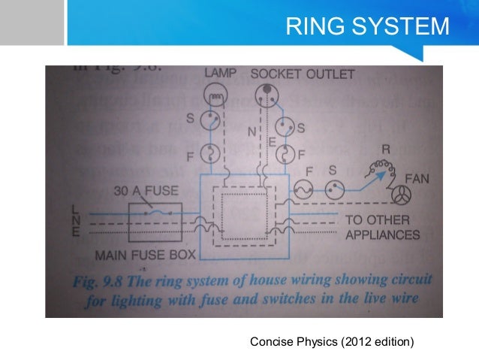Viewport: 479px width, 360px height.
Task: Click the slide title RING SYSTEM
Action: pos(367,28)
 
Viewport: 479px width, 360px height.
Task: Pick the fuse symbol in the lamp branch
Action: pos(212,155)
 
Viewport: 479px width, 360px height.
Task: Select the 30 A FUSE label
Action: pos(146,192)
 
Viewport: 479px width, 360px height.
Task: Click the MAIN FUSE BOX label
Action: pos(145,255)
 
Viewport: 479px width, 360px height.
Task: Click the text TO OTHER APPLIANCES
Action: pos(382,228)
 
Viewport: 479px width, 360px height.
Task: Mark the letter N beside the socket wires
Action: pos(252,132)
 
